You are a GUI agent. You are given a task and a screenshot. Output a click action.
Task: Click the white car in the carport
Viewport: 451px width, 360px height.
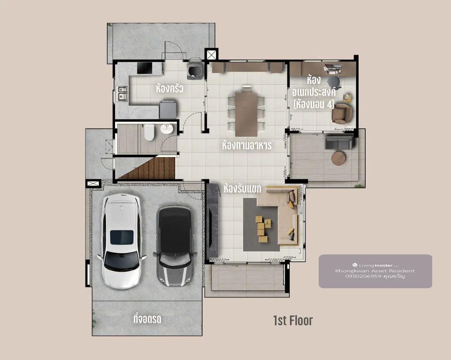coord(121,241)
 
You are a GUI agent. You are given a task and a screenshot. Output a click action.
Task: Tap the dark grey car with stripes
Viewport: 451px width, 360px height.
coord(175,247)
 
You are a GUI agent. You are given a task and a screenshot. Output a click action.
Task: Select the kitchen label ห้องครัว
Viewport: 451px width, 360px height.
coord(170,88)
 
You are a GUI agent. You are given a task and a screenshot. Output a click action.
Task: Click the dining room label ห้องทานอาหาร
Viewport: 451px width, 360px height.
coord(247,145)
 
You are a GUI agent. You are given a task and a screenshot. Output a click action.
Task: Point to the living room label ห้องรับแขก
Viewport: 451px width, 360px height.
coord(242,189)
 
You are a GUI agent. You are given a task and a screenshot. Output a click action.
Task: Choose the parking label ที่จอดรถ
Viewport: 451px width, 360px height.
coord(147,319)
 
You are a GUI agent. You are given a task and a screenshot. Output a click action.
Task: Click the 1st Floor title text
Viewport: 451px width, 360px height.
coord(293,321)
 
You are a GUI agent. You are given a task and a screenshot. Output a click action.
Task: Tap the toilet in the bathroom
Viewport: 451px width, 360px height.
coord(149,132)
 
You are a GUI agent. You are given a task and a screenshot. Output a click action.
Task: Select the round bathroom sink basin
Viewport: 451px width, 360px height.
coord(167,129)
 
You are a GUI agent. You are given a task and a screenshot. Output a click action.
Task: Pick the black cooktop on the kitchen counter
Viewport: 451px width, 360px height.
coord(144,68)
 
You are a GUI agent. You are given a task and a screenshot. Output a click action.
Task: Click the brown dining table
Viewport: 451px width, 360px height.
coord(246,114)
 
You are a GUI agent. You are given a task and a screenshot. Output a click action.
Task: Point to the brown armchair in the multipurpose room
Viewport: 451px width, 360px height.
coord(342,113)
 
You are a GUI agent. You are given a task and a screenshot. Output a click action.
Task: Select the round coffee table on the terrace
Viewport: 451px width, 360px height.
coord(339,158)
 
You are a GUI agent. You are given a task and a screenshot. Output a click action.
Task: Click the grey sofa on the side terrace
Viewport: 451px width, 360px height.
coord(339,142)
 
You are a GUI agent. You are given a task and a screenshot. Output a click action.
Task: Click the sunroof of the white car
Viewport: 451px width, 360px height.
coord(122,237)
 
